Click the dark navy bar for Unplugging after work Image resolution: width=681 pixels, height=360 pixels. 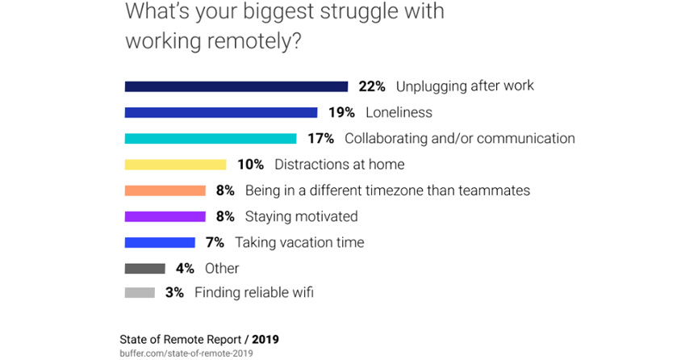[236, 86]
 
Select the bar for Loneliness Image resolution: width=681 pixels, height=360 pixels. [220, 112]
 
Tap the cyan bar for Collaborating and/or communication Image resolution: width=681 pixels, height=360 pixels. [210, 138]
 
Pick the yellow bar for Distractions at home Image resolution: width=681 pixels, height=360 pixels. [175, 165]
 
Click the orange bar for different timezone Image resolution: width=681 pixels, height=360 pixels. [165, 190]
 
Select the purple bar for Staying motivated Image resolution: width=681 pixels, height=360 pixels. [165, 216]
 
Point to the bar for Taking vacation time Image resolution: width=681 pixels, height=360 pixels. [160, 242]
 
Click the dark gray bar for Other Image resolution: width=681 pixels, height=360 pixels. [144, 268]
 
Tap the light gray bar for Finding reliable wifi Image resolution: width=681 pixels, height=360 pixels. [140, 293]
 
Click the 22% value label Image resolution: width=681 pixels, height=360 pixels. [372, 86]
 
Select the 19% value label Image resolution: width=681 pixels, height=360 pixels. [341, 112]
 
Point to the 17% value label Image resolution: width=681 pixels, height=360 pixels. [320, 138]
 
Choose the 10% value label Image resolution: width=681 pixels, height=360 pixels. [250, 165]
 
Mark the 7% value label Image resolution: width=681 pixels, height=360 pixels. [215, 242]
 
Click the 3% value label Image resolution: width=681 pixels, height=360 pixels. [174, 293]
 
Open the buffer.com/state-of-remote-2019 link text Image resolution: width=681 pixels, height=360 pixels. [186, 353]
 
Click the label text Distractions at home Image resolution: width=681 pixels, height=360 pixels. [339, 165]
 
